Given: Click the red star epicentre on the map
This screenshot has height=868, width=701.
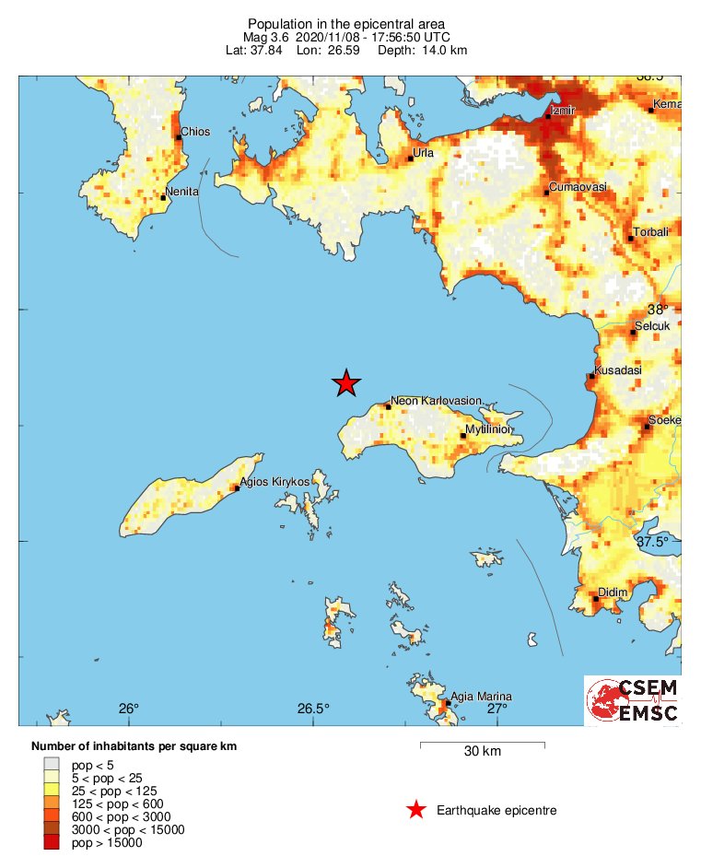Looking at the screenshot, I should click(345, 382).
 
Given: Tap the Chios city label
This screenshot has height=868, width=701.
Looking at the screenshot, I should click(195, 132).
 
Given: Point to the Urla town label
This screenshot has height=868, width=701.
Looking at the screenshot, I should click(423, 153).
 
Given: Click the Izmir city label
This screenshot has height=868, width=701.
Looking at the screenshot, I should click(563, 111).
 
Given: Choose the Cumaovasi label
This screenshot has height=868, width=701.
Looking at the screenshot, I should click(578, 187).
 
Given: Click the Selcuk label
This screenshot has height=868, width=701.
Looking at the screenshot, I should click(653, 325).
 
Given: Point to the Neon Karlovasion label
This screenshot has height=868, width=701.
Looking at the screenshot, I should click(436, 401).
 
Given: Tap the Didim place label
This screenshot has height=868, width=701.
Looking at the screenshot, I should click(613, 592).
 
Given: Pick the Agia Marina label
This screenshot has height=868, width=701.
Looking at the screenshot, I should click(479, 697).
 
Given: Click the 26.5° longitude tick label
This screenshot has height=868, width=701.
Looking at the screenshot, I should click(313, 709).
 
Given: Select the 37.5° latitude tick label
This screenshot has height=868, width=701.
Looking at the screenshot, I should click(652, 542).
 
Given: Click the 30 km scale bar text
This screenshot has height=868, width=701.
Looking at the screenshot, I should click(482, 752).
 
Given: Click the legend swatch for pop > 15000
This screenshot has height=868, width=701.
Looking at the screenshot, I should click(52, 841).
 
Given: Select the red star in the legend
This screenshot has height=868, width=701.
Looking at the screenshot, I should click(416, 810).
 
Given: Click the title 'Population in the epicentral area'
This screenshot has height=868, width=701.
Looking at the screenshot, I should click(346, 23).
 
